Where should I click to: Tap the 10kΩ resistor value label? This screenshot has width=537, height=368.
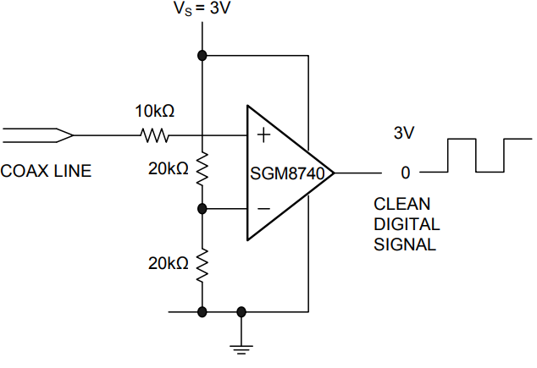156,111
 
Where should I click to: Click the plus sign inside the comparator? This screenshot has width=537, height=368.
263,134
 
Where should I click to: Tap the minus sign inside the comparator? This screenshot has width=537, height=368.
263,208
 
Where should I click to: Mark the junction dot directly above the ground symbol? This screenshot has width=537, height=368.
242,311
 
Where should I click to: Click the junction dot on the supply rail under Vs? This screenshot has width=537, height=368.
202,56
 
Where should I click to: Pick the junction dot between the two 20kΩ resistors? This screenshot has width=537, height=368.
202,208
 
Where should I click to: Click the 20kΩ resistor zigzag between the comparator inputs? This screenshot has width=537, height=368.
202,169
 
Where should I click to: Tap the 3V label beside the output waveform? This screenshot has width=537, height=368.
405,134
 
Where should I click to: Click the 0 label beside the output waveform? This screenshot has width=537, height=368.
405,173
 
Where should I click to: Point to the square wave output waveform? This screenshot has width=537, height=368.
476,155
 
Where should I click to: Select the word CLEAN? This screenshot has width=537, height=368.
402,204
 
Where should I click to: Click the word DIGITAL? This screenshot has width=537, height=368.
407,224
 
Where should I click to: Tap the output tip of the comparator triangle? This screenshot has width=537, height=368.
335,172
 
